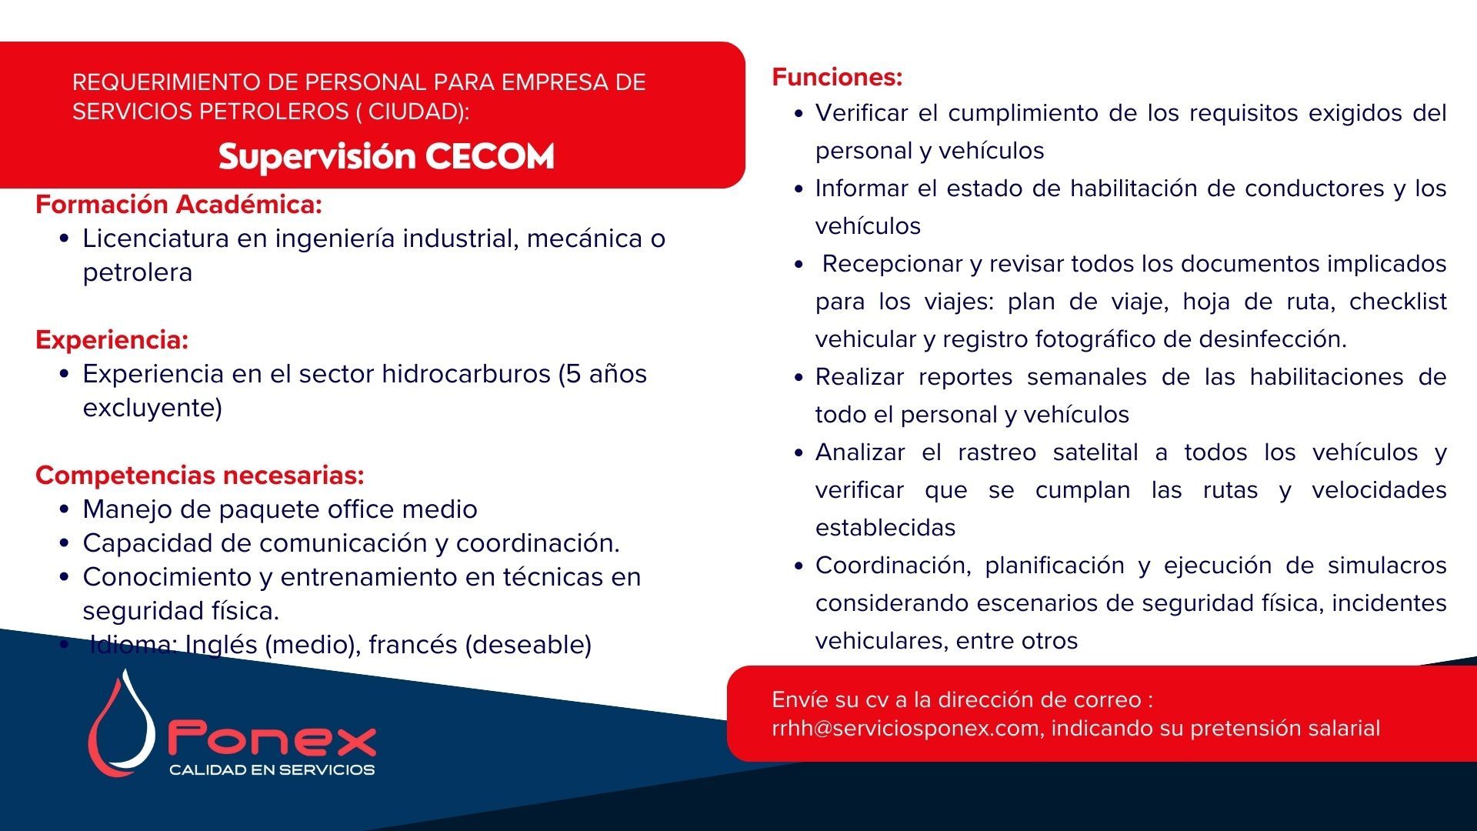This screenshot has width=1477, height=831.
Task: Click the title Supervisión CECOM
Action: click(x=386, y=156)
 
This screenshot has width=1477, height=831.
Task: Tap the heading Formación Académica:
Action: click(x=178, y=205)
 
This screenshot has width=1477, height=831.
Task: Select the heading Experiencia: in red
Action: click(x=112, y=340)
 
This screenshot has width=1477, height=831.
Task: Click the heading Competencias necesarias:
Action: click(x=200, y=476)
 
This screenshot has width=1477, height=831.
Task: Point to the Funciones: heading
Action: click(x=837, y=77)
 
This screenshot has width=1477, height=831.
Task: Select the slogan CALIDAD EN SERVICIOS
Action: click(x=272, y=769)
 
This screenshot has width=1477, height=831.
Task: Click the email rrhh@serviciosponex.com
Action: click(x=905, y=728)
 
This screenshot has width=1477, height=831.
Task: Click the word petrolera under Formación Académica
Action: click(x=138, y=273)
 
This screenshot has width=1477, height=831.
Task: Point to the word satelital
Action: click(x=1095, y=452)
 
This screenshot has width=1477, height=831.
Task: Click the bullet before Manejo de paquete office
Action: click(x=65, y=510)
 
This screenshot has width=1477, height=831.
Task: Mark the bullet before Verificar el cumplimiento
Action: click(x=799, y=114)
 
